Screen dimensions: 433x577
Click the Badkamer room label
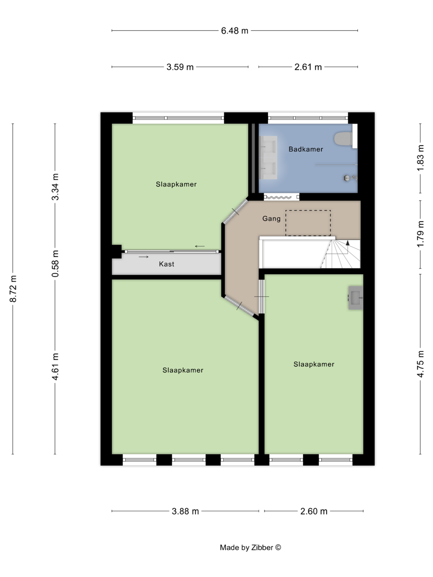click(306, 150)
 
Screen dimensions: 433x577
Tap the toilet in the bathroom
click(343, 139)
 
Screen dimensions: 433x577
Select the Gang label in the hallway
click(271, 219)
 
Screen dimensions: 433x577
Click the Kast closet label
click(166, 264)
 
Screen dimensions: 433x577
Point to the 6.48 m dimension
click(234, 31)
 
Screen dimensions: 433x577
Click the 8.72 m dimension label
click(13, 288)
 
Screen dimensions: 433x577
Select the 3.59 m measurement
click(180, 67)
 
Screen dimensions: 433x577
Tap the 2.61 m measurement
click(308, 67)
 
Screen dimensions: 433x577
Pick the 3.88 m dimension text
click(185, 511)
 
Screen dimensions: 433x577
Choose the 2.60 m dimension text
click(314, 511)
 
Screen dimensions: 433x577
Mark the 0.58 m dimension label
click(55, 263)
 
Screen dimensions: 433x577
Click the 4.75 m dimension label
click(420, 364)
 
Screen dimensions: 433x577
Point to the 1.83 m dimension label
click(420, 158)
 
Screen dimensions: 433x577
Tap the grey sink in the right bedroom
click(356, 298)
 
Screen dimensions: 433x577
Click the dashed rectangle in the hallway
click(308, 223)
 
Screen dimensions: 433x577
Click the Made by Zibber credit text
click(250, 548)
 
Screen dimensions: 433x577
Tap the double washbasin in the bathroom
click(268, 157)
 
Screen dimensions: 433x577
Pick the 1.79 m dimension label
click(420, 234)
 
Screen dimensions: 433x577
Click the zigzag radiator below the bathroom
click(281, 197)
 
